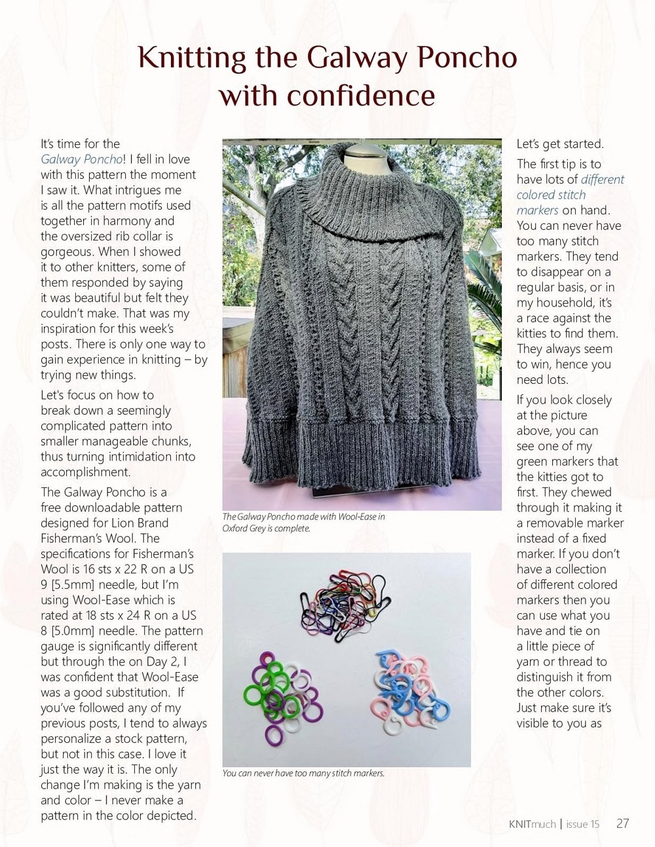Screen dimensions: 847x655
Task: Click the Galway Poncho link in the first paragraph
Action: [x=81, y=159]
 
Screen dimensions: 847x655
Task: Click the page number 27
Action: [x=622, y=823]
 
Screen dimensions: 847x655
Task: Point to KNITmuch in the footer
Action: [x=532, y=824]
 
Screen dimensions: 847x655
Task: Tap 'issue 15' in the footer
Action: [x=582, y=824]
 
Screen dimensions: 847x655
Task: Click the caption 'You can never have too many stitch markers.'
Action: [x=303, y=773]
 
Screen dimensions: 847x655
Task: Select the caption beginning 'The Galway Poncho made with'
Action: [x=303, y=522]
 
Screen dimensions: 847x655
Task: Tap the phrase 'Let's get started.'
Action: [x=560, y=144]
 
